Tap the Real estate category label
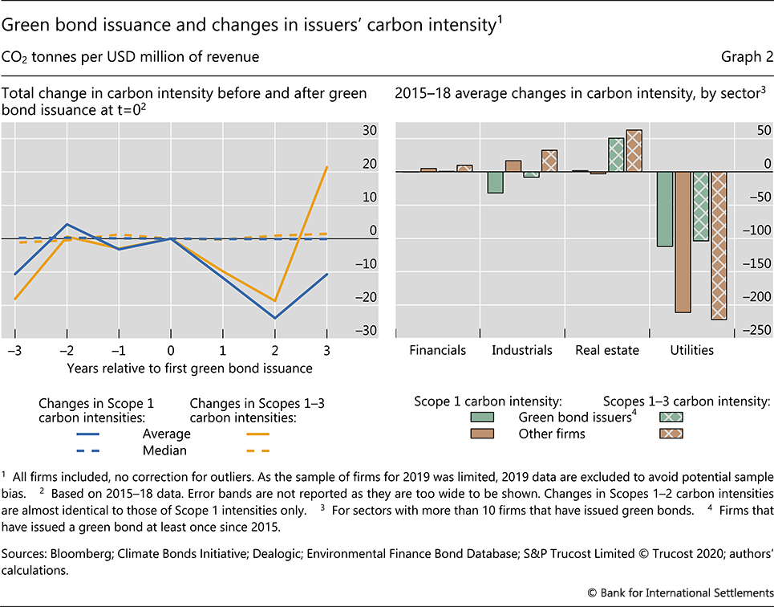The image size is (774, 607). [607, 350]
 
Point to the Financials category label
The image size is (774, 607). [437, 350]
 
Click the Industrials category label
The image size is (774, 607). [522, 350]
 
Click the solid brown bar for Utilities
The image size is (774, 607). [683, 242]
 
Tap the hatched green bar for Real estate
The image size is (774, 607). [616, 155]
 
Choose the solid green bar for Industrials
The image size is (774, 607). [495, 182]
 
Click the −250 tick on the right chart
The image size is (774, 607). [758, 331]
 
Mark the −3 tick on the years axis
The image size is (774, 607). [14, 351]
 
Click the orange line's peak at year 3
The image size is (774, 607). [327, 167]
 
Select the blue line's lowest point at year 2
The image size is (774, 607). [275, 318]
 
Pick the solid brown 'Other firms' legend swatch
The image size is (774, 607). [482, 434]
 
